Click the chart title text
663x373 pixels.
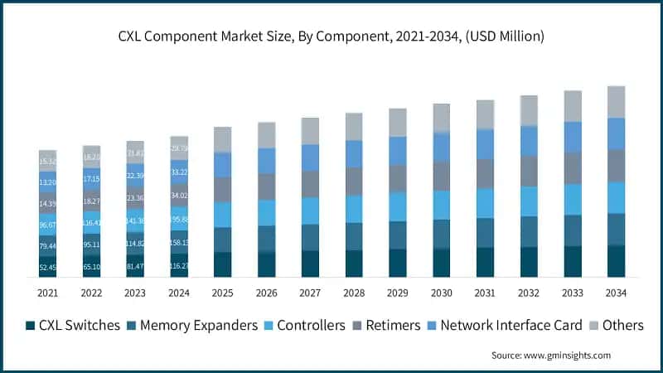coord(331,36)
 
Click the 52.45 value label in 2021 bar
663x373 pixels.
coord(47,268)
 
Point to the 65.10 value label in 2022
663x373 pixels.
coord(91,268)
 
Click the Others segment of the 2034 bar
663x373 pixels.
coord(616,101)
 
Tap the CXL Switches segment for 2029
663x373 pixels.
coord(397,262)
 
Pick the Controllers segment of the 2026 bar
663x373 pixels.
coord(266,212)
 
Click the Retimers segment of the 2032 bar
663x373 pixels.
coord(529,171)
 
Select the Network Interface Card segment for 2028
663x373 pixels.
coord(354,153)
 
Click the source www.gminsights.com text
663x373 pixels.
coord(550,355)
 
